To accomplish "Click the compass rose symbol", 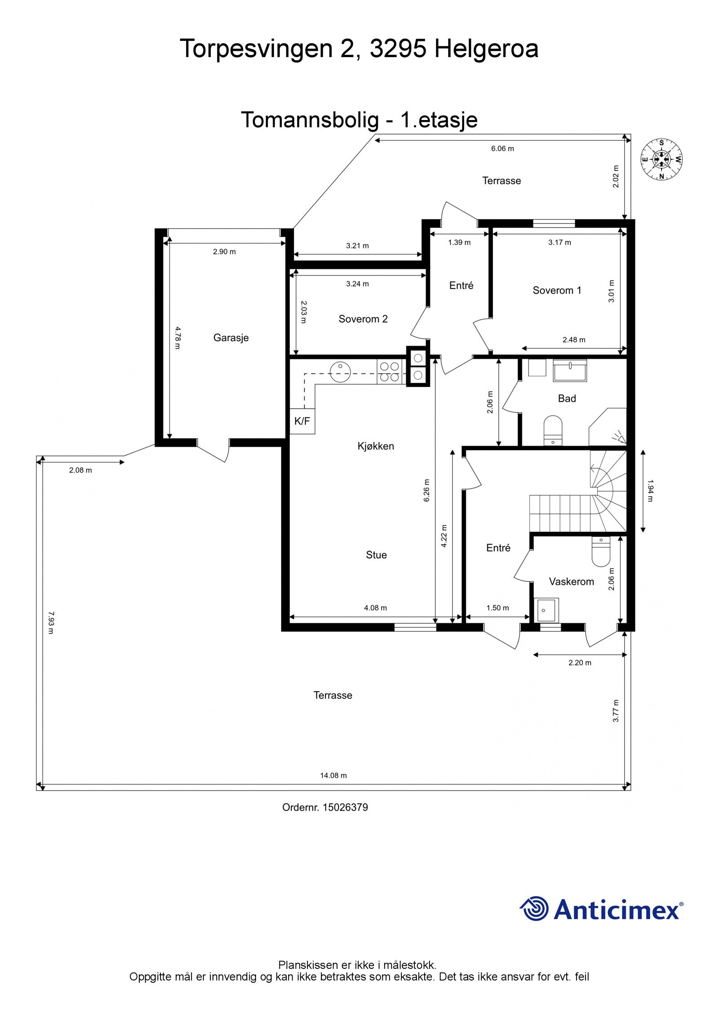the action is point(661,159).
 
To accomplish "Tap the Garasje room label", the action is point(231,338).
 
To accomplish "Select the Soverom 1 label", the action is point(557,290).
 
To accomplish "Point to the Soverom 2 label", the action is point(363,319).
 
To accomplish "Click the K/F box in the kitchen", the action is point(302,421).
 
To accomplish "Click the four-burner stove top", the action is point(390,372).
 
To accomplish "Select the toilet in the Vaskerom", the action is point(600,551).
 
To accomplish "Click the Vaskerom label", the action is point(571,582).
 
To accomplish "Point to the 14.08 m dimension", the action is point(333,775).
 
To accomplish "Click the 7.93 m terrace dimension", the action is point(50,622).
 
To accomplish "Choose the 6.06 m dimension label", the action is point(502,148).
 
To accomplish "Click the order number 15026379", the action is point(345,807).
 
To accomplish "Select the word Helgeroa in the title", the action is point(486,49).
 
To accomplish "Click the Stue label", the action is point(376,555).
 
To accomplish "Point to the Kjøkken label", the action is point(376,446).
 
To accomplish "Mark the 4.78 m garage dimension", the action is point(177,338).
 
